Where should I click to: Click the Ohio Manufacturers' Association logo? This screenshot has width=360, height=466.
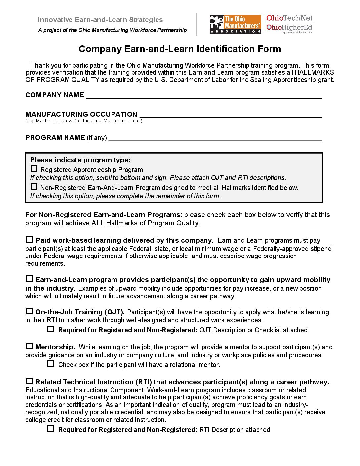(x=235, y=24)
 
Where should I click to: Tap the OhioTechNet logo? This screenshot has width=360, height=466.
(x=289, y=18)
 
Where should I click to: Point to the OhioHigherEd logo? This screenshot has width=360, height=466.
(x=289, y=28)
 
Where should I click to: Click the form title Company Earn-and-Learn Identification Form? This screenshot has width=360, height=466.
(x=180, y=49)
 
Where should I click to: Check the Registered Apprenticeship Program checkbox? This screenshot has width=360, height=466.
(x=34, y=169)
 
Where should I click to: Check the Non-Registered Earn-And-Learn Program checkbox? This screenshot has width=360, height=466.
(x=34, y=187)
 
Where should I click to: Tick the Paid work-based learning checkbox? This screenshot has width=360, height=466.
(x=29, y=239)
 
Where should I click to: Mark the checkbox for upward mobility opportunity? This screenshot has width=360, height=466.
(x=29, y=279)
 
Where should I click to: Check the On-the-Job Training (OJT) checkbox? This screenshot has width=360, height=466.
(x=29, y=311)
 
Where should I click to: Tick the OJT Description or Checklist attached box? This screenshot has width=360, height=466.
(x=51, y=329)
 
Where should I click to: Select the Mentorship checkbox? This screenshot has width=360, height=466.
(x=29, y=346)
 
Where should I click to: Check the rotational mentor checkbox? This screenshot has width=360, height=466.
(x=51, y=364)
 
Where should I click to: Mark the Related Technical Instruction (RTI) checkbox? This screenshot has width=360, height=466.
(x=29, y=381)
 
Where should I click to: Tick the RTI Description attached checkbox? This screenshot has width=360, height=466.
(x=51, y=429)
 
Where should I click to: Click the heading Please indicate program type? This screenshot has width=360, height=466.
(x=80, y=160)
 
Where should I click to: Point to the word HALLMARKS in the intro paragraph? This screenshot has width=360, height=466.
(x=314, y=73)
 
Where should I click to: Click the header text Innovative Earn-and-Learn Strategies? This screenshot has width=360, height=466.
(x=100, y=20)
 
